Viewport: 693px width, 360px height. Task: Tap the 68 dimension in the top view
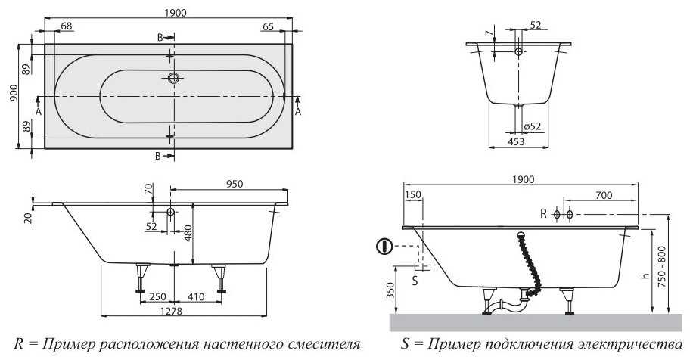[66, 27]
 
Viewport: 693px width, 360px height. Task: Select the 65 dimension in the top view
[268, 27]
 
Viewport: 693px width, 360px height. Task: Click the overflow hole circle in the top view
[174, 77]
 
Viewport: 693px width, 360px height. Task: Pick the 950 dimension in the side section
[238, 183]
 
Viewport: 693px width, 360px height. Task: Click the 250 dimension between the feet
[157, 297]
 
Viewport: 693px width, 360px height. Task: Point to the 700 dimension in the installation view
[603, 196]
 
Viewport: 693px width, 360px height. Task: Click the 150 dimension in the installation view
[412, 195]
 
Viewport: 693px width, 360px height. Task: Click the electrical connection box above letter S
[422, 265]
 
